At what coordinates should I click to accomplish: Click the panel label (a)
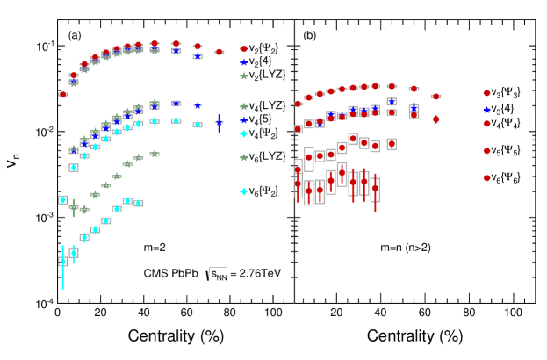click(x=76, y=36)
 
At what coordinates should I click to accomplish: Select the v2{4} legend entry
click(x=259, y=62)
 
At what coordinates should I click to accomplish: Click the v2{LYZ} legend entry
click(x=264, y=76)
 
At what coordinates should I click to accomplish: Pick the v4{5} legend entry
click(x=259, y=119)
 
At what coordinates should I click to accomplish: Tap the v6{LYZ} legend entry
click(x=264, y=156)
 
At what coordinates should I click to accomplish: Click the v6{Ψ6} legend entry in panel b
click(x=503, y=177)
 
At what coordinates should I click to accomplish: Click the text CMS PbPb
click(x=169, y=273)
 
